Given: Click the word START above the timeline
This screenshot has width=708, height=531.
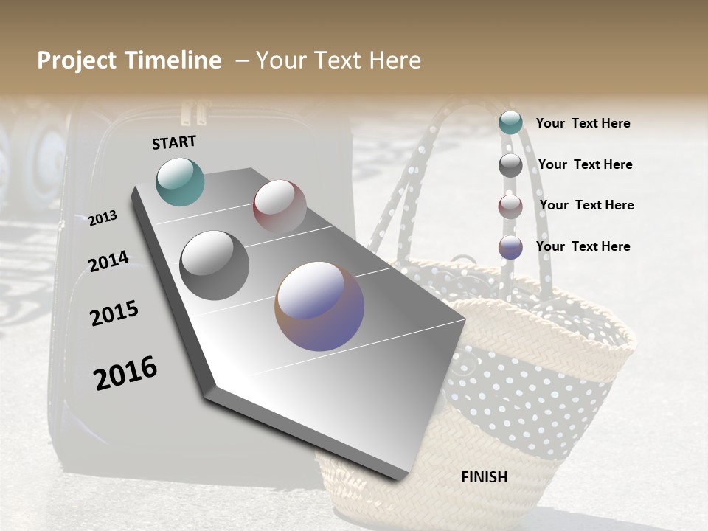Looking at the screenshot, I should [174, 142].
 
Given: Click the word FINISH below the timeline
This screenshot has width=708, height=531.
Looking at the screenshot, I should [485, 477].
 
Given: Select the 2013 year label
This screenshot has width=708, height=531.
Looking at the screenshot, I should [103, 218].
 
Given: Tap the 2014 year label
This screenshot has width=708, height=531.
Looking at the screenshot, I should [108, 261].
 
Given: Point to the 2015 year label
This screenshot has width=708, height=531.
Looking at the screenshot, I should [114, 313].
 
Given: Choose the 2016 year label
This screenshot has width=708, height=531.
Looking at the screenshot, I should [125, 372].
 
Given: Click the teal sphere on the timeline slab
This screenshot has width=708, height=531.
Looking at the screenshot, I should [180, 181].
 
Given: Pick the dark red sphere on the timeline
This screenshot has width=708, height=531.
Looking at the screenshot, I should [280, 206].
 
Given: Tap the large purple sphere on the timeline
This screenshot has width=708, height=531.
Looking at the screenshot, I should [319, 306].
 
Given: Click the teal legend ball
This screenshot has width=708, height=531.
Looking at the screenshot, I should [510, 123].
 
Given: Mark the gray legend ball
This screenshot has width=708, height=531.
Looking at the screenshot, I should [510, 165].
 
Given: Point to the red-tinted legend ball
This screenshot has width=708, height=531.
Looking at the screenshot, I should [510, 206].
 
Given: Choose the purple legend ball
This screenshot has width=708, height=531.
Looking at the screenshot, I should [510, 247].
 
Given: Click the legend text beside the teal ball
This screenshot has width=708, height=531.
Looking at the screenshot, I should [583, 123].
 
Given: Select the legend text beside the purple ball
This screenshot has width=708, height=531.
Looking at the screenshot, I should [583, 246].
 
